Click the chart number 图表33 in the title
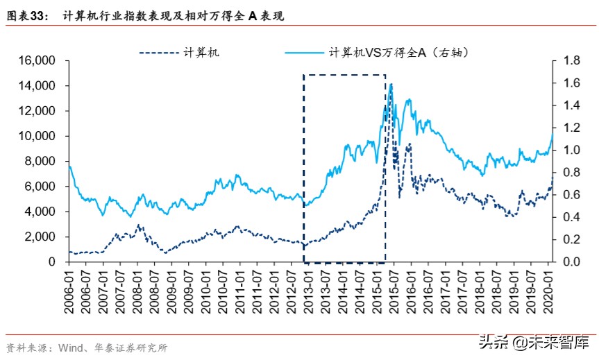(26, 15)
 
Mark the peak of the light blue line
(391, 84)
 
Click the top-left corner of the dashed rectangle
(303, 75)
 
